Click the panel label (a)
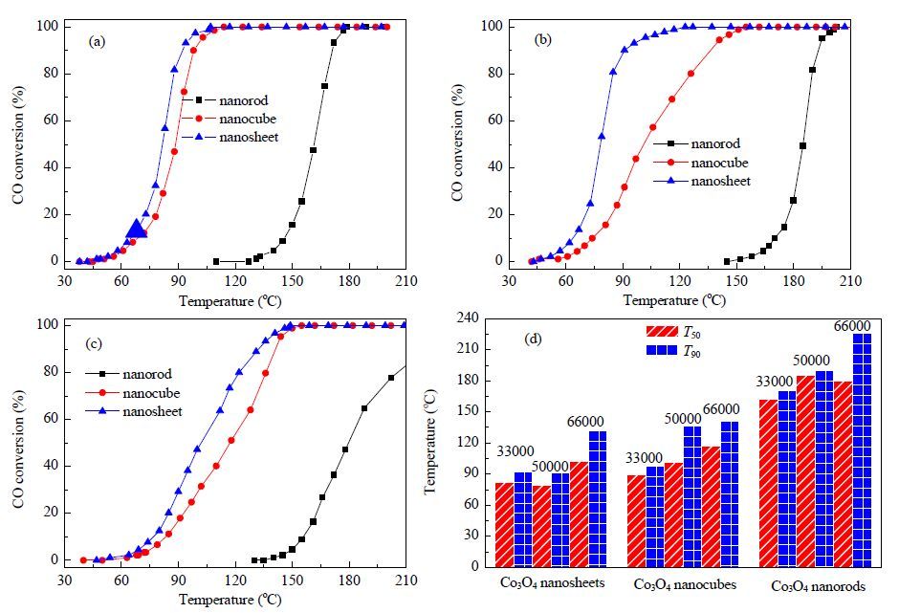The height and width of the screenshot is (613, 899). [x=97, y=41]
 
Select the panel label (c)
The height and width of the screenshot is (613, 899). [x=94, y=343]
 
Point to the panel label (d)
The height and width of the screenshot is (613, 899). [x=534, y=339]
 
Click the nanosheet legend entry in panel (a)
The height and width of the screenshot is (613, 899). [x=230, y=137]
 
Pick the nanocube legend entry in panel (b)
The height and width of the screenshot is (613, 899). [x=701, y=163]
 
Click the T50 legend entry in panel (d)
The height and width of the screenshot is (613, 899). [x=673, y=332]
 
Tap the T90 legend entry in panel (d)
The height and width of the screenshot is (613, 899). [x=673, y=351]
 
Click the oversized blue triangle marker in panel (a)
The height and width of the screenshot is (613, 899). [x=137, y=230]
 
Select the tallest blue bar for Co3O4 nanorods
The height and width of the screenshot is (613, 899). [x=863, y=450]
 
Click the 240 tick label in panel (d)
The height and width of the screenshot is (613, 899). [x=468, y=318]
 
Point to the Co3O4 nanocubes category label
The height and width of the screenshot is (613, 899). [x=685, y=584]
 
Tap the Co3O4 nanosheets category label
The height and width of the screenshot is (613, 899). [x=552, y=583]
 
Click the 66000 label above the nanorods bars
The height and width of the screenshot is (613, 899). [x=852, y=326]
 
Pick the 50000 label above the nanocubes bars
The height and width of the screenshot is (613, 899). [x=683, y=419]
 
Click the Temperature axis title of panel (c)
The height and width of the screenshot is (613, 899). [x=230, y=600]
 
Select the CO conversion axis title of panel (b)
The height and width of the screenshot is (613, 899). [x=457, y=142]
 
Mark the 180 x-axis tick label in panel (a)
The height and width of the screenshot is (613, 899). [x=349, y=281]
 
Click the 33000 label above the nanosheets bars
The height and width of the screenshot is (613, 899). [x=515, y=451]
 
